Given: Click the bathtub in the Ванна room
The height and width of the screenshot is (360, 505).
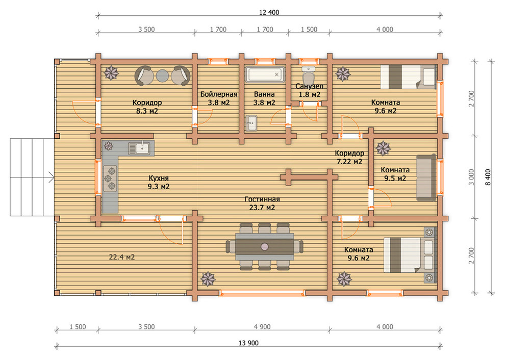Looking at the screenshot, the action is (265, 74).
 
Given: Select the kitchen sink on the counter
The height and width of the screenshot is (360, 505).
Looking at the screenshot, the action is (139, 148).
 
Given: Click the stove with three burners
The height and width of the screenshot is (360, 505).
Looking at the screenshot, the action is (110, 178).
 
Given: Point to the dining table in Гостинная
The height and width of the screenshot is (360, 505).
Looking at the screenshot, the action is (264, 247).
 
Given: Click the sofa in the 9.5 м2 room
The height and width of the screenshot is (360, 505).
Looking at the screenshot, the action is (426, 177).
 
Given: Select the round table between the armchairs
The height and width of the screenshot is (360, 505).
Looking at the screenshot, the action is (162, 76).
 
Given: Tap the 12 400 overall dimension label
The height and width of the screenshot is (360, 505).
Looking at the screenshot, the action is (269, 13).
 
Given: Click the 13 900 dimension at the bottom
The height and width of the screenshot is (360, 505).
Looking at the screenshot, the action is (248, 343).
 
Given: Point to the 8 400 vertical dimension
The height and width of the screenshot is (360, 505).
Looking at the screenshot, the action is (488, 177).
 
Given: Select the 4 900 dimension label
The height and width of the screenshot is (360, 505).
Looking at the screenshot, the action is (262, 327).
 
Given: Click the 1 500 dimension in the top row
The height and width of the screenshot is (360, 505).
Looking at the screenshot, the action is (309, 29).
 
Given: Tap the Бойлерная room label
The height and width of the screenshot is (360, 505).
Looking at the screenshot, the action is (219, 94).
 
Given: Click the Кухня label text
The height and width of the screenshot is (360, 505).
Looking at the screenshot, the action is (159, 178).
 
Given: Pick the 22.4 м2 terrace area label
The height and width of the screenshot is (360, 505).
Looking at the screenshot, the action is (122, 257).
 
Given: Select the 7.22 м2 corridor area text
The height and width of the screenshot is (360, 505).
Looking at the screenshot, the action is (349, 161).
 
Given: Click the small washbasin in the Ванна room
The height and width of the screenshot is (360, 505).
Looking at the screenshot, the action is (251, 123).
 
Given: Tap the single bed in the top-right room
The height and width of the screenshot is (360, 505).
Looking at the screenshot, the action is (408, 77).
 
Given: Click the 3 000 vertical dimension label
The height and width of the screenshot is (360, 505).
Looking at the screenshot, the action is (471, 177).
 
